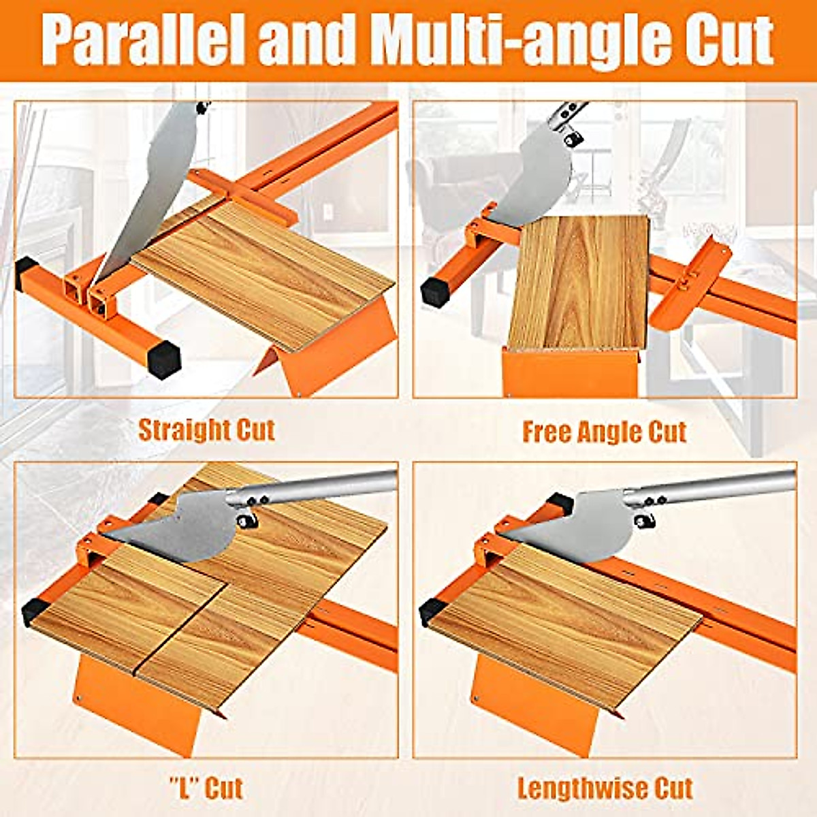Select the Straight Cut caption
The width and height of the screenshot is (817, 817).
pos(206,430)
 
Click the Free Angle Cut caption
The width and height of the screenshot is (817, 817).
pos(605,432)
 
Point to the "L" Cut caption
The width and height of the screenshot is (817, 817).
pos(206,788)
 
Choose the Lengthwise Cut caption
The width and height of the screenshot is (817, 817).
pos(605,788)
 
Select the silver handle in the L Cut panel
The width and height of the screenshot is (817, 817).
pos(320,487)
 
